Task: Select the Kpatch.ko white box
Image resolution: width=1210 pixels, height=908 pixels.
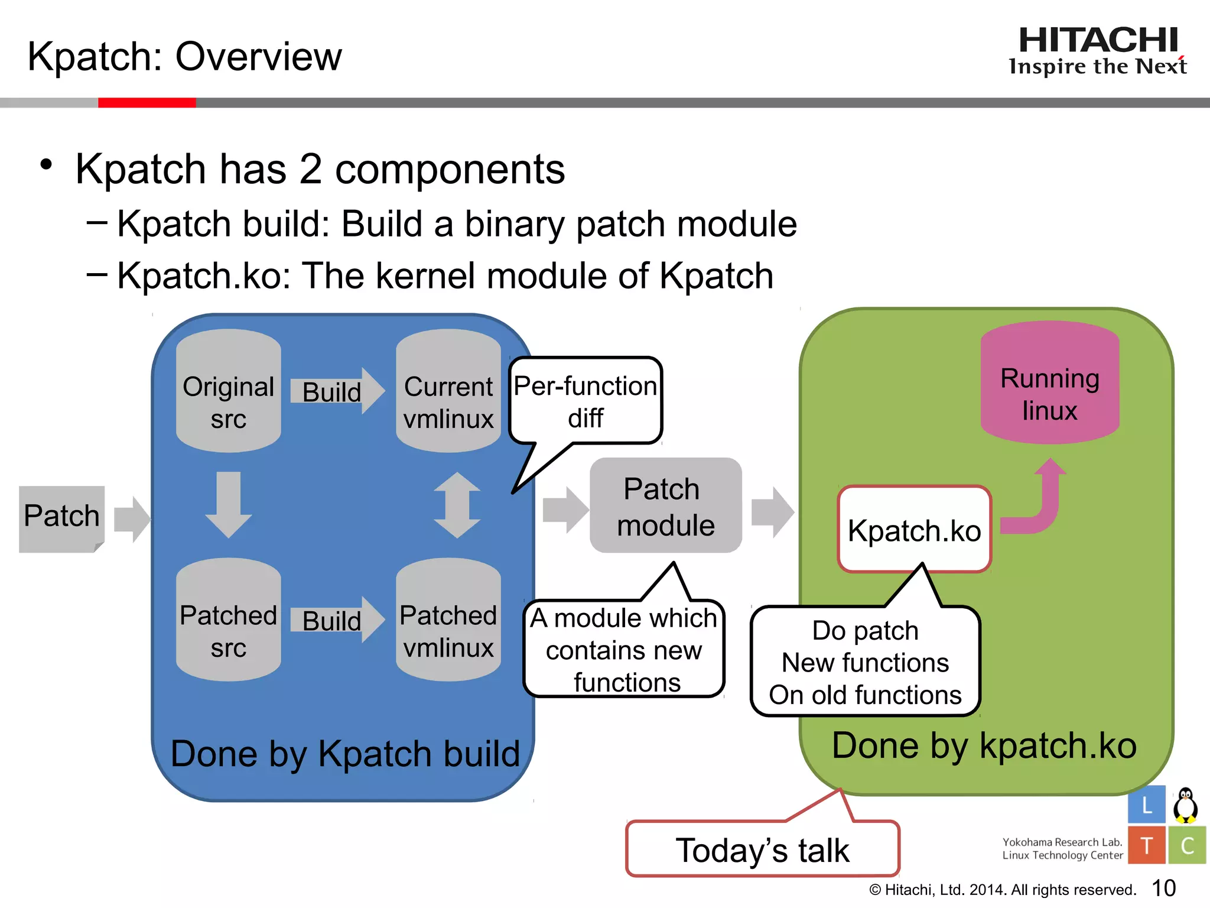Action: coord(914,530)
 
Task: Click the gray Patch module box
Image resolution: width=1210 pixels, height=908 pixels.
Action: coord(666,506)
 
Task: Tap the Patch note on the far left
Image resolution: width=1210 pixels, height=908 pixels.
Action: coord(61,518)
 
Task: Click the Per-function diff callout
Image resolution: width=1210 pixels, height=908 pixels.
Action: coord(585,401)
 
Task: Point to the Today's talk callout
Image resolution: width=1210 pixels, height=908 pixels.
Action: coord(762,849)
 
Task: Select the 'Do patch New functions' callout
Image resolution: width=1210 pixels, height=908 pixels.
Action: coord(865,662)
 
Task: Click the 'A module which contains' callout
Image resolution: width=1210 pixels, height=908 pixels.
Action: coord(624,649)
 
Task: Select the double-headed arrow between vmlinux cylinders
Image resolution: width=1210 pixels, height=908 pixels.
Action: coord(457,505)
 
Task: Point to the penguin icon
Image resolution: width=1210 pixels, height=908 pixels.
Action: coord(1185,805)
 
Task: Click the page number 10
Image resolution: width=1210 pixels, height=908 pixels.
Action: coord(1163,888)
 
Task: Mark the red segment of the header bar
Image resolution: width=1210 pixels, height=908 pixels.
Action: coord(147,103)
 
